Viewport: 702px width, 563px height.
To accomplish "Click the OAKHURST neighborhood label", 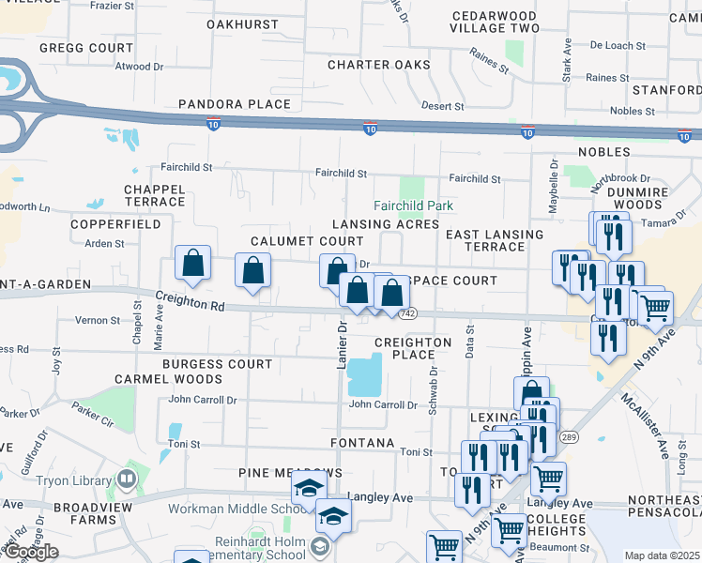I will click(x=242, y=23).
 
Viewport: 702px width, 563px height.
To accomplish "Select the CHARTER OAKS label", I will click(x=379, y=65).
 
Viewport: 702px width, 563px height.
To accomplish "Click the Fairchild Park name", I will click(x=414, y=205).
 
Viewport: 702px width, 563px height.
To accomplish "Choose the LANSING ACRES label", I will click(x=386, y=224).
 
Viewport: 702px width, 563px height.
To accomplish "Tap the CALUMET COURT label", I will click(x=294, y=241).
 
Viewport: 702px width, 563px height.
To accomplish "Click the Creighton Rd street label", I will click(x=191, y=301).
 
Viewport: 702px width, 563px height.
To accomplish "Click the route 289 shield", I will click(x=570, y=437).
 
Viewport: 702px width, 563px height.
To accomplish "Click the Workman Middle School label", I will click(x=231, y=510).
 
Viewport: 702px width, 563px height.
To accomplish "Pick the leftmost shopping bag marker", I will click(x=192, y=266).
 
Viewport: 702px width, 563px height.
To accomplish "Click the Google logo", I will click(x=31, y=552).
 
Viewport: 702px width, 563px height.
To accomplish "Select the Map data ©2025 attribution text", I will click(x=662, y=555).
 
